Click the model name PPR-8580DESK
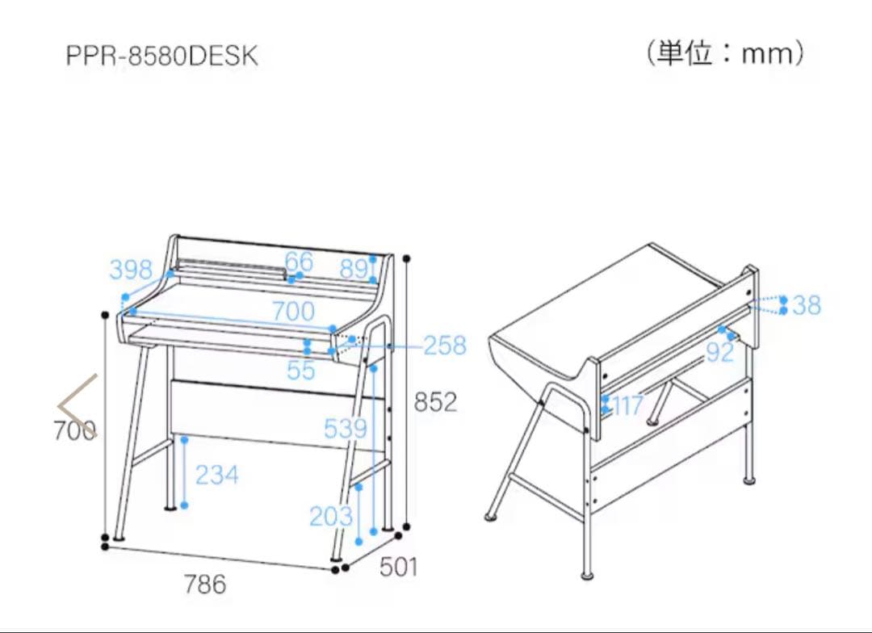[x=162, y=57]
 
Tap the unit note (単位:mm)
[x=724, y=54]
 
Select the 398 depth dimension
[x=131, y=269]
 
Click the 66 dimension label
[x=298, y=261]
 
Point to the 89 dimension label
[x=353, y=269]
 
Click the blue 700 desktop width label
[x=293, y=310]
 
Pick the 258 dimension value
[x=445, y=346]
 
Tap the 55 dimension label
[x=300, y=370]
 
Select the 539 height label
[x=345, y=429]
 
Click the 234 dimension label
[x=216, y=475]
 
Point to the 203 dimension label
[x=330, y=516]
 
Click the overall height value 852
[x=436, y=401]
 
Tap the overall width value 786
[x=204, y=584]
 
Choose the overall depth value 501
[x=399, y=567]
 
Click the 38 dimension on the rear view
[x=806, y=305]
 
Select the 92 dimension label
[x=720, y=352]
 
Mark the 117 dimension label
[x=627, y=405]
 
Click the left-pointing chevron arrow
[x=78, y=406]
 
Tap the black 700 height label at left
[x=74, y=431]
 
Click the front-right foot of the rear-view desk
[x=587, y=575]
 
